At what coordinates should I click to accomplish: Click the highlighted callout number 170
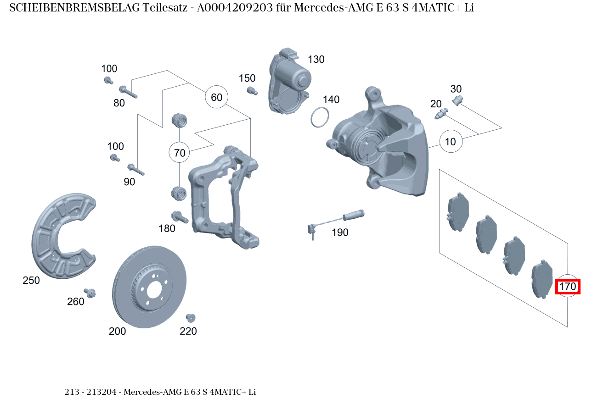coord(568,287)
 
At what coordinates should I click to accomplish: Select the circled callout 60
coord(216,97)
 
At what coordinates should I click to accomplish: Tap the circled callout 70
coord(180,153)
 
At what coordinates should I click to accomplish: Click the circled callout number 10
coord(451,142)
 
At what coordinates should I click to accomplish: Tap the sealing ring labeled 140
coord(320,117)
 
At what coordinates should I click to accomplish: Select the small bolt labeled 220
coord(190,317)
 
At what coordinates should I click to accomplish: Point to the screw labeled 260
coord(90,293)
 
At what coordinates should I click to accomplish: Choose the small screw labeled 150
coord(251,91)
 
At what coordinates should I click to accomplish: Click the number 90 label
coord(130,182)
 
